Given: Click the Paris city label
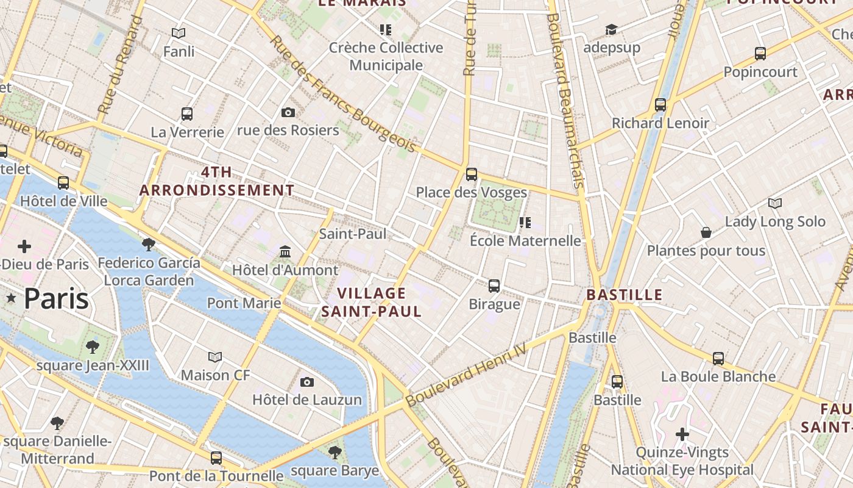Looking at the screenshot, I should point(56,299).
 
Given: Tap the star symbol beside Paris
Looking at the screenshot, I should point(11,298).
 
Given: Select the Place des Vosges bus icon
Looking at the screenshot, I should point(471,174).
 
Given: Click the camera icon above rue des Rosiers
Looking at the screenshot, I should point(288,112).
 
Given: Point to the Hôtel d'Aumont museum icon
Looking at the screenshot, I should point(285,251).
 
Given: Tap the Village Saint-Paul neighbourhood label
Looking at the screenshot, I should point(371,303).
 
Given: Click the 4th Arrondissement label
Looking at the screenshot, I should point(216,181).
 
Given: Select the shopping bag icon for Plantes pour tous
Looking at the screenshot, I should point(706,232).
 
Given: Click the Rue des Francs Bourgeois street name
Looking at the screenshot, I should point(343,95).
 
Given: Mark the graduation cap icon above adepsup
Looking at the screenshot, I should point(611,29).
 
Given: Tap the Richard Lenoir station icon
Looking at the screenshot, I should point(660,104).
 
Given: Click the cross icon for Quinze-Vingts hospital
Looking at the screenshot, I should point(682,434).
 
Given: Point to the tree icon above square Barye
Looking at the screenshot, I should point(334,452).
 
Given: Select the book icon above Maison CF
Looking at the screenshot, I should point(214,357).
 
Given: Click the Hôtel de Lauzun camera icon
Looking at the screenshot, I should point(307,382).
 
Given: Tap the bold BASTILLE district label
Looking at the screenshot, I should point(624,295).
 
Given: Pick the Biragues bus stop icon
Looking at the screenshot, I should point(494,285).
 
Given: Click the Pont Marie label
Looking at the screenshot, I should point(244,303).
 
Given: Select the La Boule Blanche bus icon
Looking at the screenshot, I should point(718,359).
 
